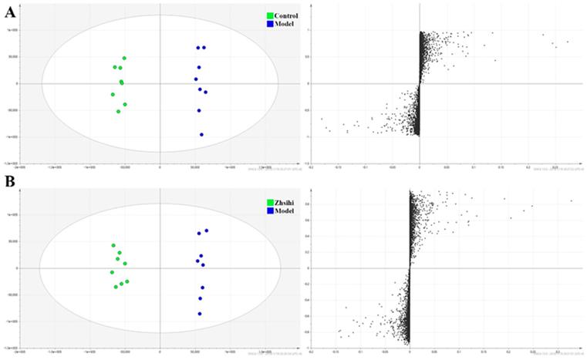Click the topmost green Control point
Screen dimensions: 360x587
point(124,59)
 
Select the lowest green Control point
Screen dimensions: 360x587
point(118,112)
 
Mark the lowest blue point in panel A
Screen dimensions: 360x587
point(201,134)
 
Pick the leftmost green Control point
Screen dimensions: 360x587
point(113,94)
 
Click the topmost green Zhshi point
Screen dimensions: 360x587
point(113,245)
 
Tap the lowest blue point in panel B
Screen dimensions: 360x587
point(199,314)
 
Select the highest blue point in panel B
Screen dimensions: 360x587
point(207,230)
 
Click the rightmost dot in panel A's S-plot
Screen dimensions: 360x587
point(568,42)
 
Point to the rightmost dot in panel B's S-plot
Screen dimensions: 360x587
point(572,201)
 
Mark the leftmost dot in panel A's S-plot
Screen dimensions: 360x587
point(322,119)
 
